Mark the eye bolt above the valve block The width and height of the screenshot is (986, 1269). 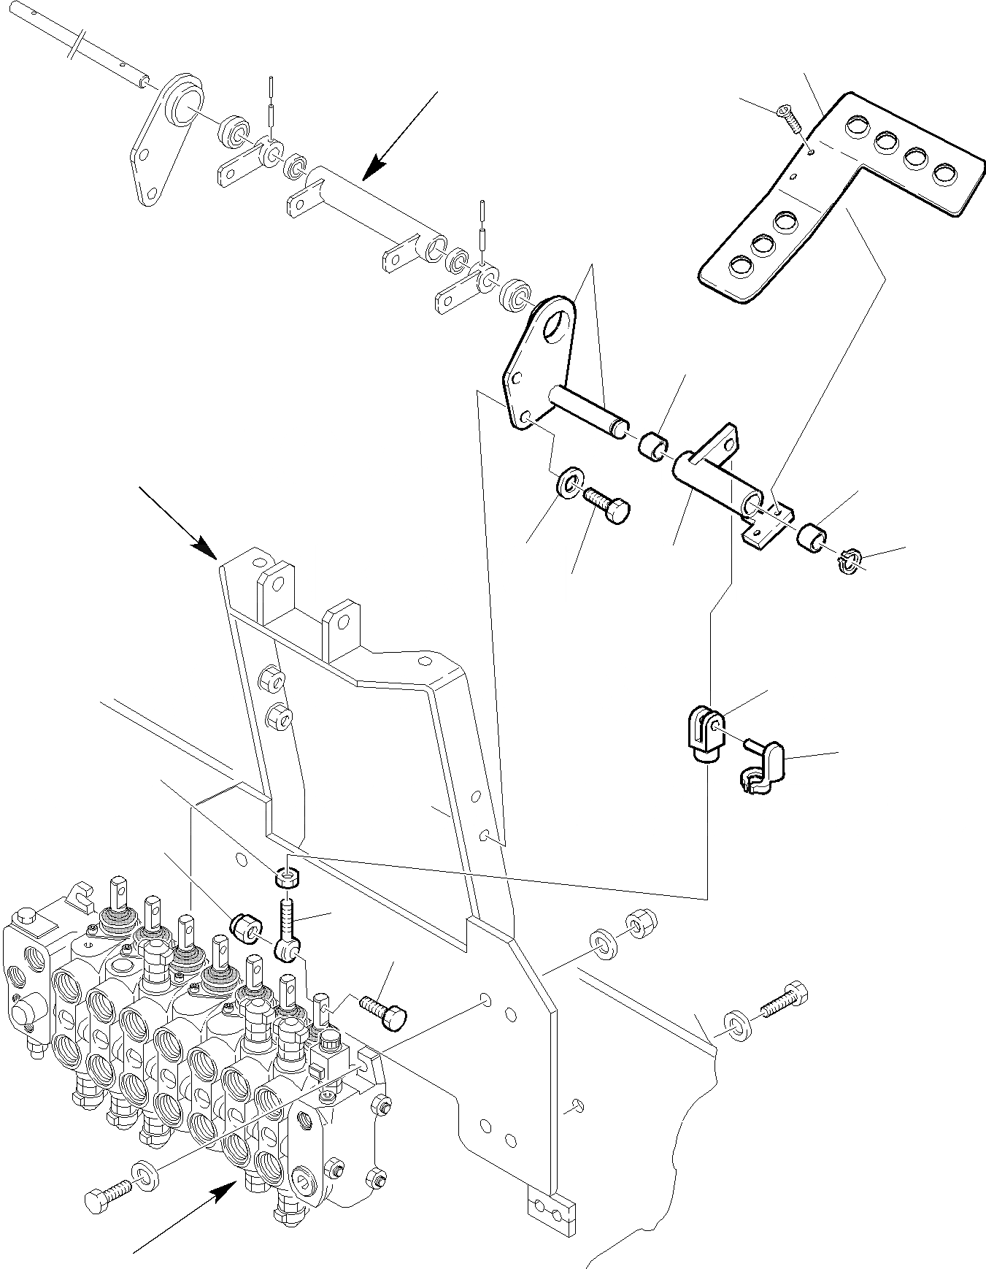[x=287, y=932]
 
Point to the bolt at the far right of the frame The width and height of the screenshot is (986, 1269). [x=785, y=1000]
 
